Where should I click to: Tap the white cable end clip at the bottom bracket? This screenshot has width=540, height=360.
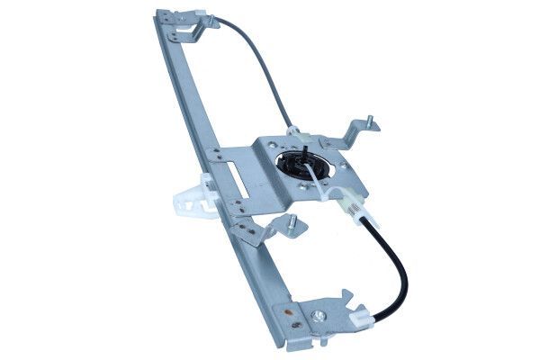[364, 316]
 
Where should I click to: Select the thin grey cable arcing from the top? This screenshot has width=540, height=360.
[261, 63]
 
